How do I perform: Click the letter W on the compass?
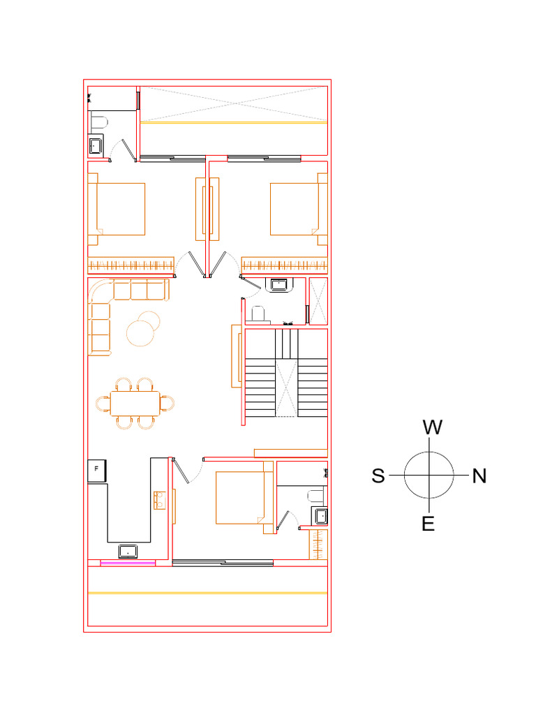433,427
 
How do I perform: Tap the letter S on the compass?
378,476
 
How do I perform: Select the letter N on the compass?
479,476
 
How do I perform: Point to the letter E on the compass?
429,524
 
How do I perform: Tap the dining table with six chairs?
135,403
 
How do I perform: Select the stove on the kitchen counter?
160,500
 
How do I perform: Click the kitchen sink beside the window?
128,552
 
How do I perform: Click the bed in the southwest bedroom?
119,209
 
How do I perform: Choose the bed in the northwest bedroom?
297,209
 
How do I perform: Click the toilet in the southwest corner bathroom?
98,122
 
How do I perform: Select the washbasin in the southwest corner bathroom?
96,146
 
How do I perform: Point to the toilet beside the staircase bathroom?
258,314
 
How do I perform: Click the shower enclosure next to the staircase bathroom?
319,301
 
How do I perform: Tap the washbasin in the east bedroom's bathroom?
320,516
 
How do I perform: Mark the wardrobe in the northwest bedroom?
285,265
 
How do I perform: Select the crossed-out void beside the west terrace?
234,104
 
